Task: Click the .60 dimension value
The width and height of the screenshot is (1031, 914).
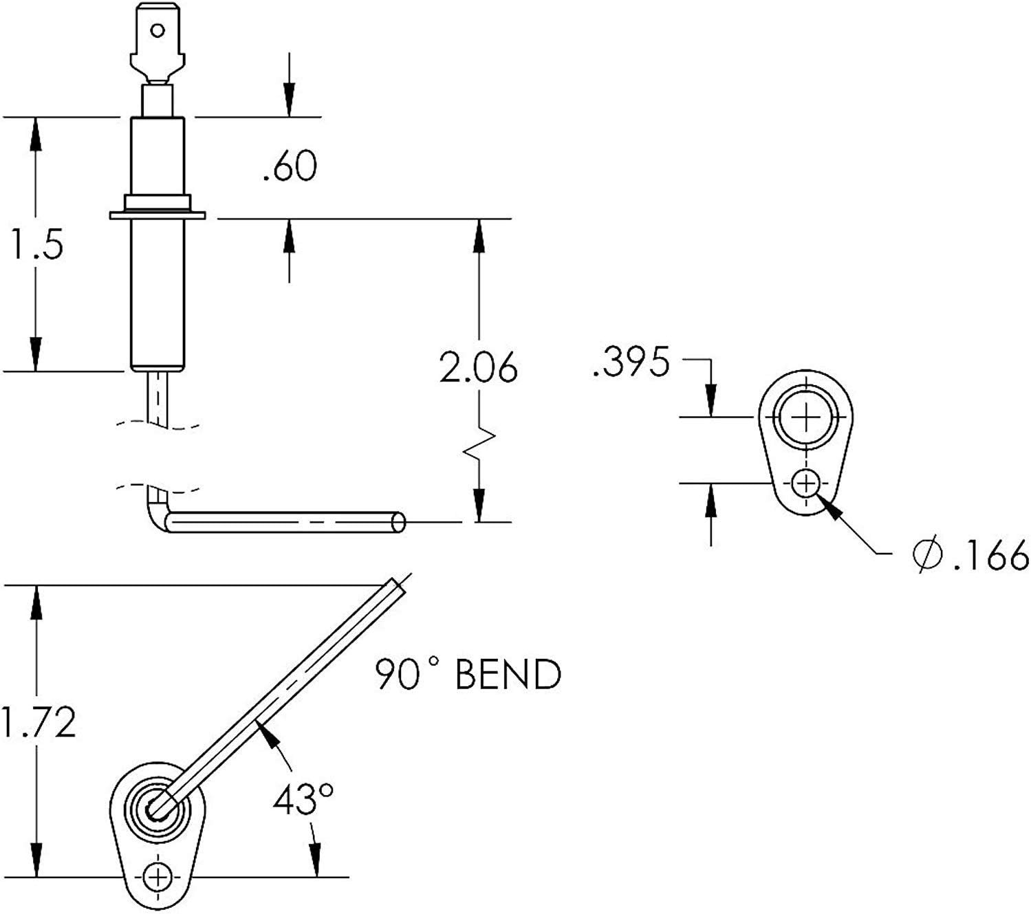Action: tap(290, 167)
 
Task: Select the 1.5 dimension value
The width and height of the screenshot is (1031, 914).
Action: tap(36, 245)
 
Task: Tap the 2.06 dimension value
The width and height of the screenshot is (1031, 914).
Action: tap(478, 369)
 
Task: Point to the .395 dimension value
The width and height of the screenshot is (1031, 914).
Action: tap(630, 362)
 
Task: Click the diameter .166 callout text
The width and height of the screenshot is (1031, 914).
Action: tap(970, 554)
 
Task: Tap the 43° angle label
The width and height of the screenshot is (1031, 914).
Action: tap(303, 801)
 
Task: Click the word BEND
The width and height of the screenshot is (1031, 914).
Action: tap(508, 675)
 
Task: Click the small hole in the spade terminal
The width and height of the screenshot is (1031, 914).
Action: tap(158, 30)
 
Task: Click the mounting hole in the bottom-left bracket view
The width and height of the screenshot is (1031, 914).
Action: tap(158, 877)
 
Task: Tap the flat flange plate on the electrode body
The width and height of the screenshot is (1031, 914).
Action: tap(158, 216)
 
